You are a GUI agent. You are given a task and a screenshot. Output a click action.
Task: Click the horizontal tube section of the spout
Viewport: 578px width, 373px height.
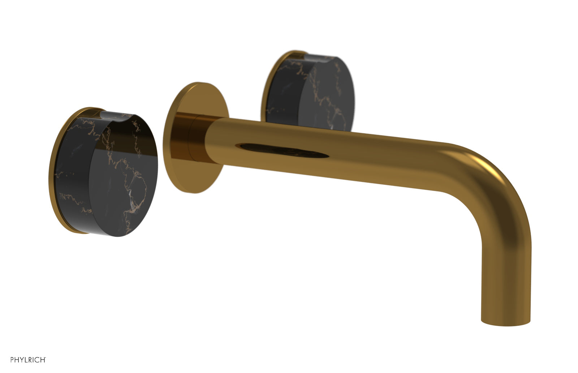(x=343, y=152)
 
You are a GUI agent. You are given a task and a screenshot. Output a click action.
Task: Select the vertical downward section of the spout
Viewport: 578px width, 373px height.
(x=506, y=271)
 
